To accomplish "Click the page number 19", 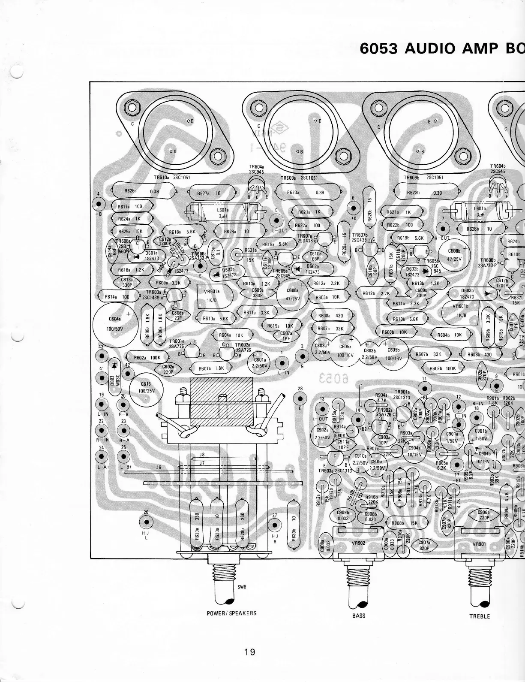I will point(249,652).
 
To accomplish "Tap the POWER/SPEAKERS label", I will point(231,613).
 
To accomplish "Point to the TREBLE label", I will point(480,616).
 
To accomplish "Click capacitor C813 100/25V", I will point(147,388).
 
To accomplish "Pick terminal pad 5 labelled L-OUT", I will point(276,220).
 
